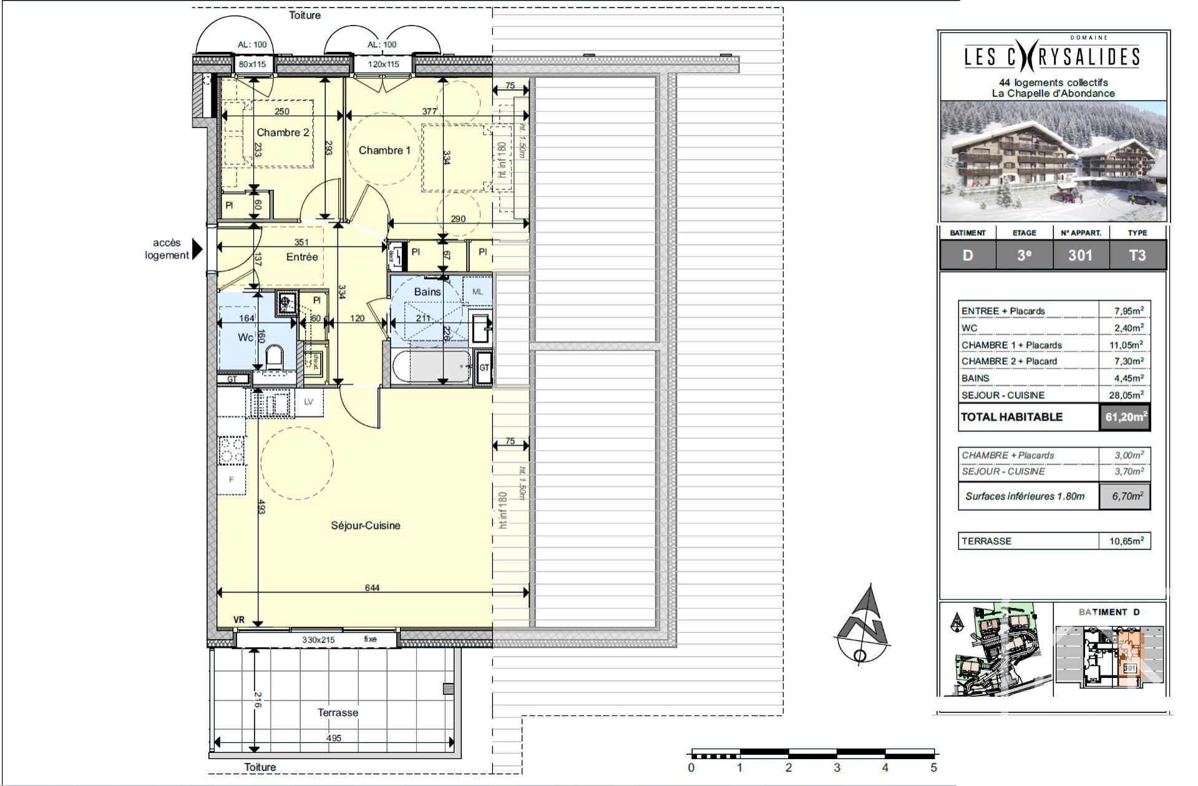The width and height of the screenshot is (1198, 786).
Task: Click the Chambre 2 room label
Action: (x=283, y=132)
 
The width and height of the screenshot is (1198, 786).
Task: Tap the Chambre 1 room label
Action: (x=384, y=150)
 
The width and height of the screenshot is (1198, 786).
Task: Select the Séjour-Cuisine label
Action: (x=366, y=526)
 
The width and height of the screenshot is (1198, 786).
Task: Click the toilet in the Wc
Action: (x=274, y=358)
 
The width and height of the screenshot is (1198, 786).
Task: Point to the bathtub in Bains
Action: (x=432, y=366)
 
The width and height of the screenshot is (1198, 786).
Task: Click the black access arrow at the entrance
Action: (x=197, y=249)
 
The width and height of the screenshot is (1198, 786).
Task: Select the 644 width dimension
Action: (x=372, y=587)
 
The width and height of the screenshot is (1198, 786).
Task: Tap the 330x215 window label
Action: (x=318, y=639)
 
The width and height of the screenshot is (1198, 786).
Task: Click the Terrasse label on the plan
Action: (x=338, y=712)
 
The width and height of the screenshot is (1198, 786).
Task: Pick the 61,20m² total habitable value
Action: (x=1125, y=417)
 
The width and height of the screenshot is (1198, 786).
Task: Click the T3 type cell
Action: (x=1137, y=255)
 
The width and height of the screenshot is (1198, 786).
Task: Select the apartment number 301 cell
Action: (x=1080, y=255)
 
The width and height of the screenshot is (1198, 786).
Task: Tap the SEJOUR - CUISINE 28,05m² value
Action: (x=1128, y=395)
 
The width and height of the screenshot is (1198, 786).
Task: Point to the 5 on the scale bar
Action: (x=933, y=767)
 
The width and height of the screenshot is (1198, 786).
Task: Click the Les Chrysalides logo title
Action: (x=1053, y=57)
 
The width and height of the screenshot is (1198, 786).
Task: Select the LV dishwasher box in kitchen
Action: (x=309, y=402)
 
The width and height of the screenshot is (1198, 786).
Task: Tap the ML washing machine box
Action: (x=477, y=292)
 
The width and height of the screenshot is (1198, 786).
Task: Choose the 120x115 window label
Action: (x=383, y=64)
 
